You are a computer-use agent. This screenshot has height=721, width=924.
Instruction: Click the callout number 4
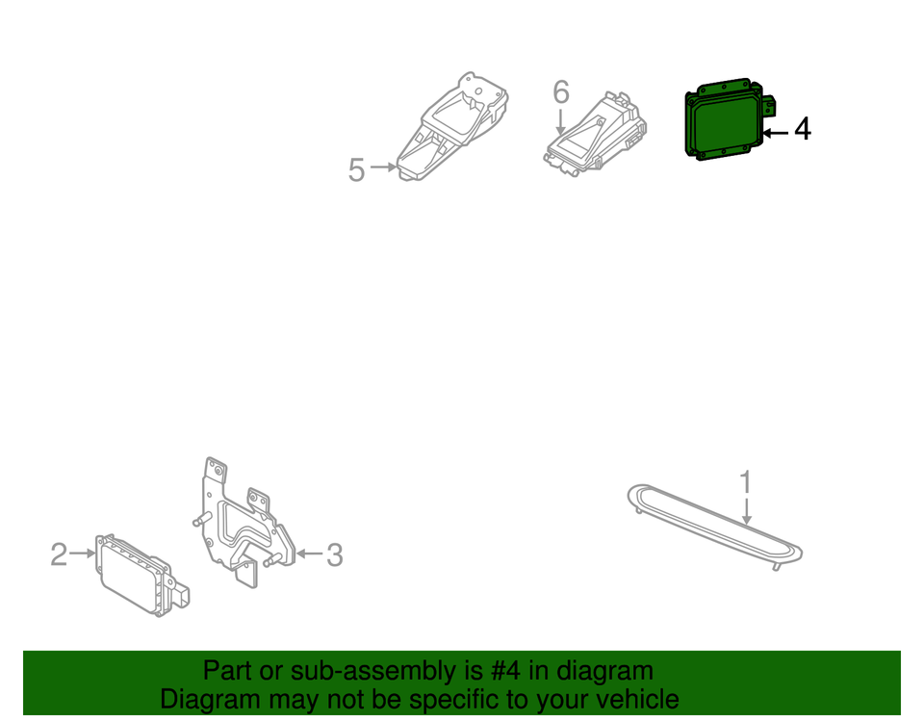tap(801, 128)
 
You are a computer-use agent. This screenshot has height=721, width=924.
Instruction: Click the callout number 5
tap(356, 170)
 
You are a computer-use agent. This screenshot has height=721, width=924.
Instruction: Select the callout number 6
tap(561, 92)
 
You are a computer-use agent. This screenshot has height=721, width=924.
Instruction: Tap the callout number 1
tap(745, 480)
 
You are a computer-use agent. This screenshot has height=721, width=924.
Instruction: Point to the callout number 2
tap(59, 554)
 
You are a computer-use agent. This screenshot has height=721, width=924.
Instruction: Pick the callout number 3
tap(333, 554)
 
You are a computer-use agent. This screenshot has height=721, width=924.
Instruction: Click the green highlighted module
tap(724, 122)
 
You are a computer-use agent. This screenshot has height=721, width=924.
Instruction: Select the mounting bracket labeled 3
tap(241, 525)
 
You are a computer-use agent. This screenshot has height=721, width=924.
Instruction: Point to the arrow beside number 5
tap(383, 167)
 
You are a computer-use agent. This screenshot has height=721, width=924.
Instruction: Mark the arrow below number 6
tap(560, 122)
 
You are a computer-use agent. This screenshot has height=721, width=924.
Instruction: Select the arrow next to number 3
tap(307, 554)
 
